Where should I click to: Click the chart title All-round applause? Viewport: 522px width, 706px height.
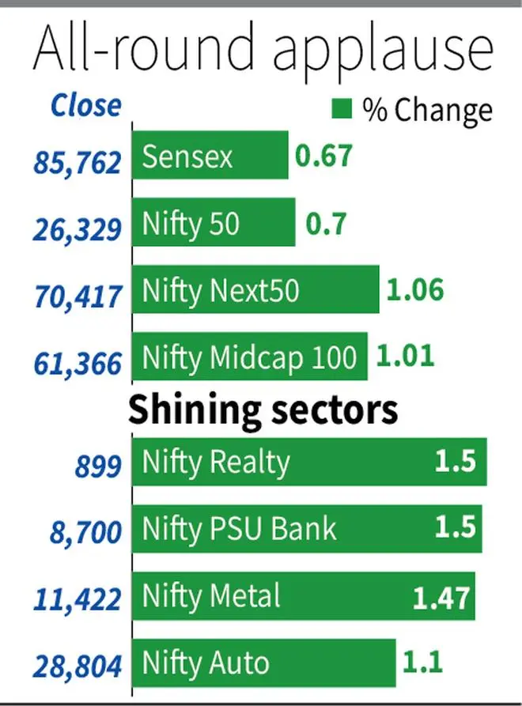tap(262, 51)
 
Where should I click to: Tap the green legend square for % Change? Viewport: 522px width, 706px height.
tap(341, 108)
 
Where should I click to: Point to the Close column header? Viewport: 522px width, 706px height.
tap(86, 105)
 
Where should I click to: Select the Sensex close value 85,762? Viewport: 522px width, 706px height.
tap(78, 162)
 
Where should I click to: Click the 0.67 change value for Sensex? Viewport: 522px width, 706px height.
tap(323, 156)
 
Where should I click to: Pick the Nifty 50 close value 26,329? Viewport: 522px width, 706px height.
tap(78, 229)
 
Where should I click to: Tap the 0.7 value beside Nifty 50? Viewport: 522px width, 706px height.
tap(324, 224)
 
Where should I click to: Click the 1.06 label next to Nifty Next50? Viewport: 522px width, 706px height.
tap(414, 289)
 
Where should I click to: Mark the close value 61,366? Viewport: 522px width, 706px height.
tap(78, 364)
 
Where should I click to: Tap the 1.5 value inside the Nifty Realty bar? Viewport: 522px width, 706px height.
tap(456, 460)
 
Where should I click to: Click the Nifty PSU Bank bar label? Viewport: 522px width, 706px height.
tap(240, 527)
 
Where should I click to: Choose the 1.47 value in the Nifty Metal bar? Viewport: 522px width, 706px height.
tap(442, 597)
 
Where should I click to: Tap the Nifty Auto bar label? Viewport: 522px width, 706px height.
tap(206, 663)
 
